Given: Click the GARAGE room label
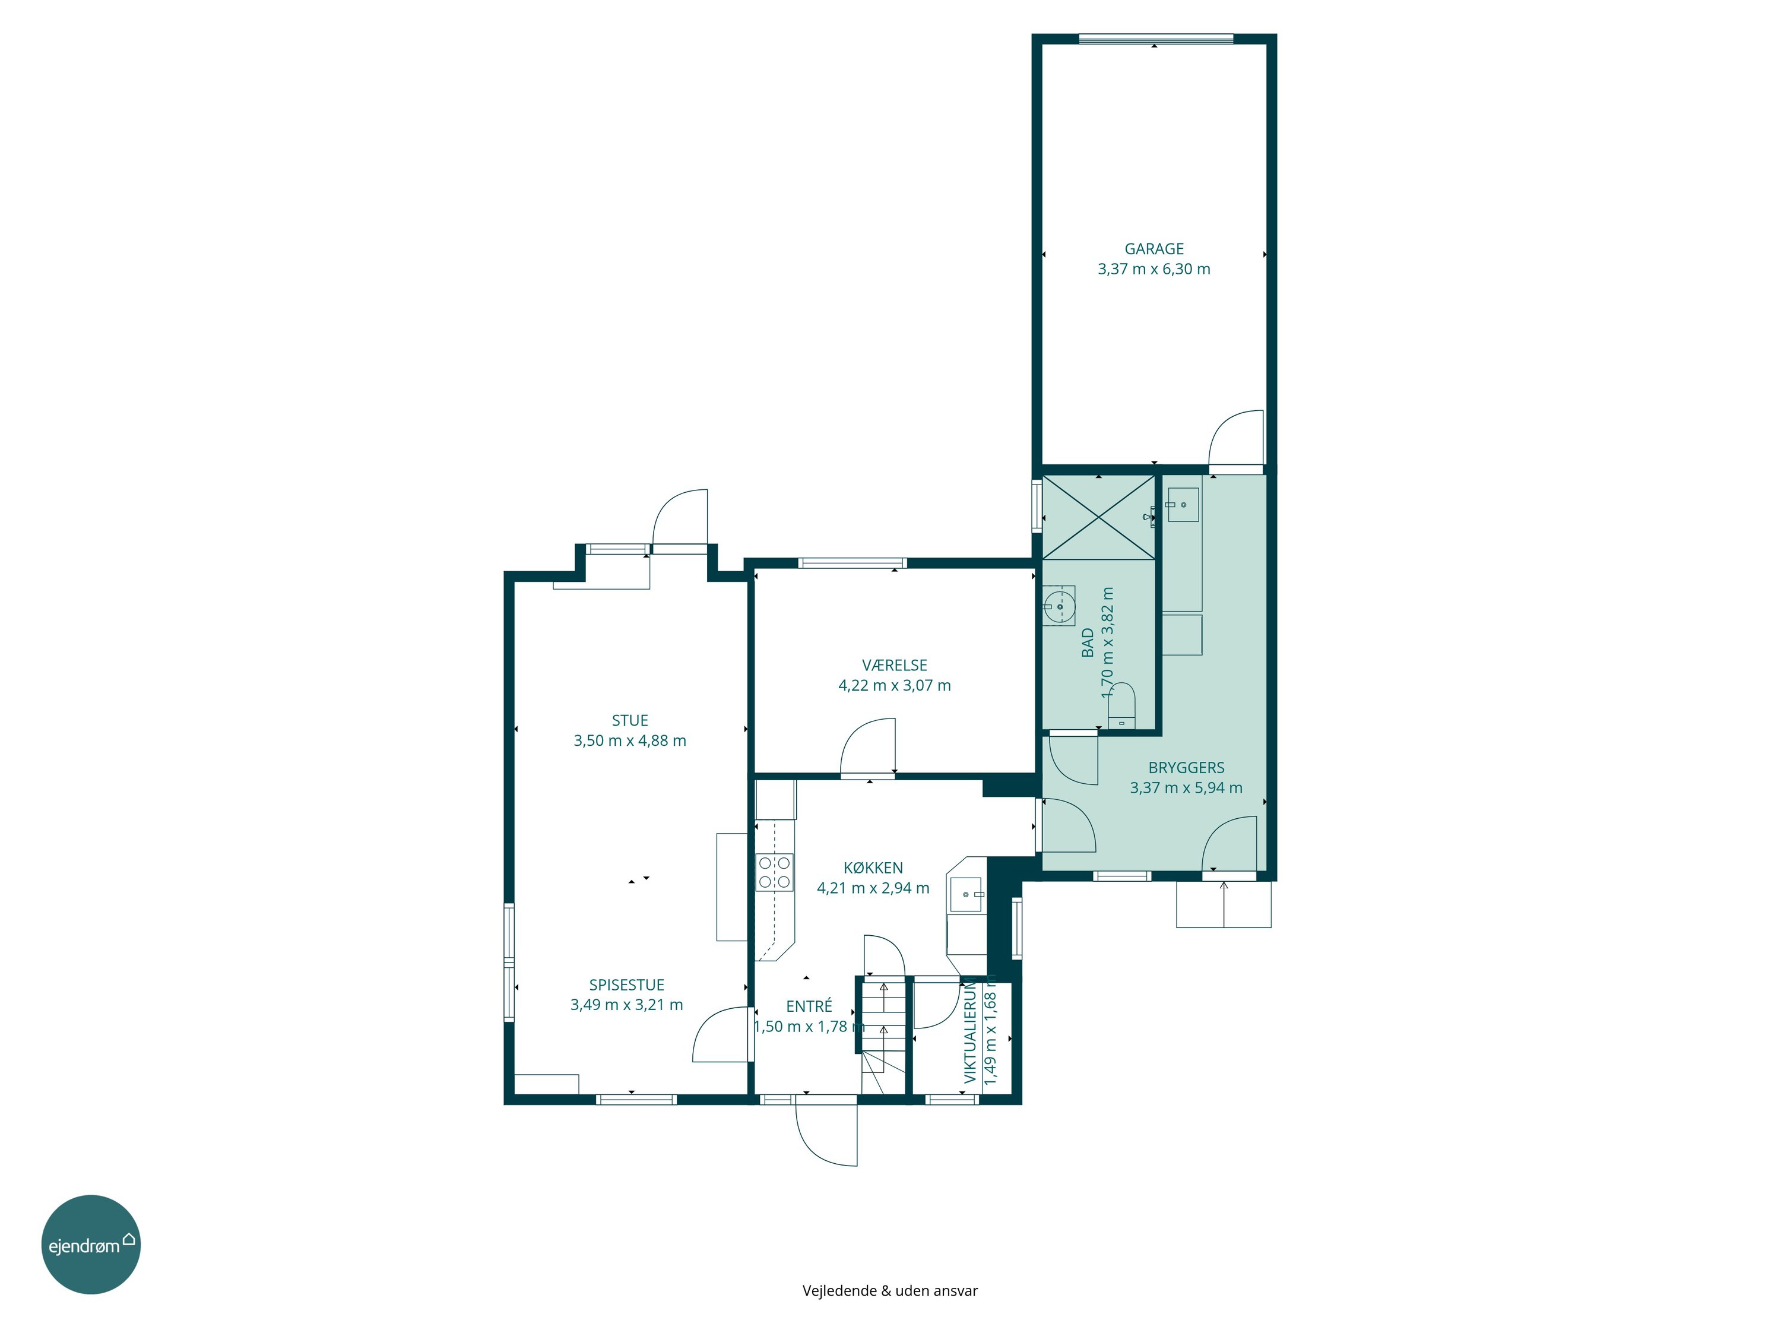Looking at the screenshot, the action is pyautogui.click(x=1153, y=249).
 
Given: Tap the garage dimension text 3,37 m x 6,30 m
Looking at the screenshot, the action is pyautogui.click(x=1153, y=269).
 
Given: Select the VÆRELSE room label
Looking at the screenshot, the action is pyautogui.click(x=895, y=665).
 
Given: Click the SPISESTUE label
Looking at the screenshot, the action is pyautogui.click(x=626, y=985).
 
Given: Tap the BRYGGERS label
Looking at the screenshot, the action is pyautogui.click(x=1186, y=767).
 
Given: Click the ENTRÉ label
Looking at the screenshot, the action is pyautogui.click(x=809, y=1006).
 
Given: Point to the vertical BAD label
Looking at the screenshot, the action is pyautogui.click(x=1088, y=642).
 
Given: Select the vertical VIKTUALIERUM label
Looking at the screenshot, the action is pyautogui.click(x=970, y=1030).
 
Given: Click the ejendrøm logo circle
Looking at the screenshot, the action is pyautogui.click(x=91, y=1244).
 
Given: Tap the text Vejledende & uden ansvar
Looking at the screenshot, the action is pyautogui.click(x=890, y=1290).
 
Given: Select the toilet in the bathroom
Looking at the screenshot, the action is pyautogui.click(x=1121, y=706).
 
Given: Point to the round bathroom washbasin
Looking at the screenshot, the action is pyautogui.click(x=1060, y=606).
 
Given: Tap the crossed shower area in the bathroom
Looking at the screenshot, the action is pyautogui.click(x=1098, y=516).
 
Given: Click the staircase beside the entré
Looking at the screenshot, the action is pyautogui.click(x=883, y=1036).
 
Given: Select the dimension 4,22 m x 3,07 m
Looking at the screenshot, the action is pyautogui.click(x=895, y=685).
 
